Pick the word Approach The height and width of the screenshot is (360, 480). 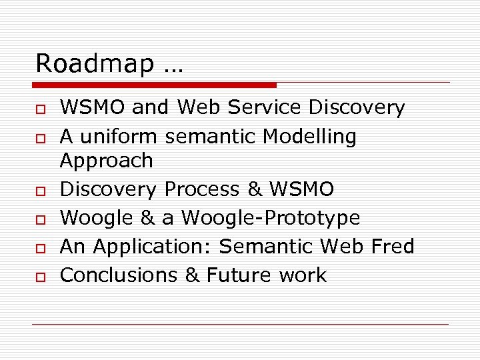coord(106,161)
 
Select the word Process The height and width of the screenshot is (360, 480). coord(201,189)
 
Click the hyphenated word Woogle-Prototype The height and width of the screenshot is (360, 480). coord(271,219)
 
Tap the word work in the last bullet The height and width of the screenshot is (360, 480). coord(304,275)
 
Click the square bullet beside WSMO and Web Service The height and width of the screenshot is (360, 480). coord(40,109)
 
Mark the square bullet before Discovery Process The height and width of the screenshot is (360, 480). coord(40,191)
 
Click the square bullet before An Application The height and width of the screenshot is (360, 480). coord(40,248)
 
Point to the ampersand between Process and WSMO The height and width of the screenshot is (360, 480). coord(255,189)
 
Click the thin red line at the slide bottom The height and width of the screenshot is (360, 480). coord(240,325)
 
